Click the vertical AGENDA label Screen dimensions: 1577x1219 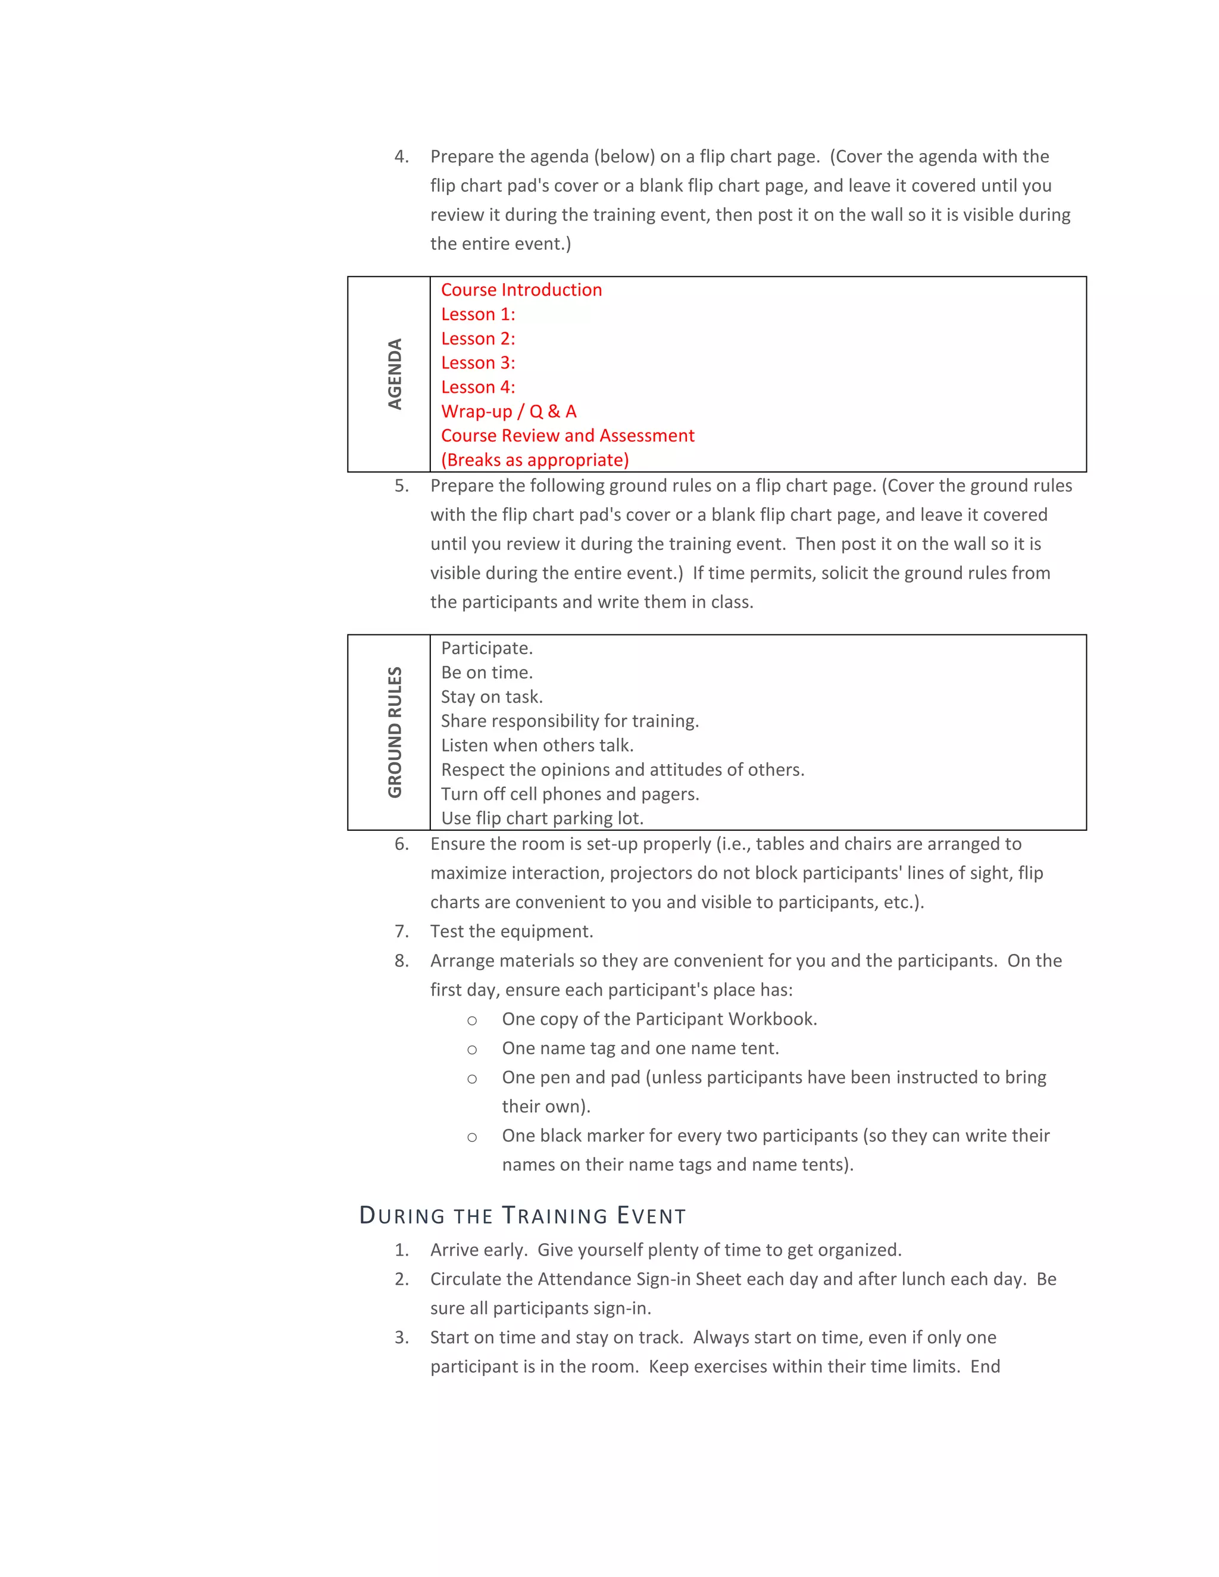[394, 374]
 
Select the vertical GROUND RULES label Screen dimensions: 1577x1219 [394, 732]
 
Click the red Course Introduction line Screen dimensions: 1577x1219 [521, 290]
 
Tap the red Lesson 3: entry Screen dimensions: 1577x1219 [478, 362]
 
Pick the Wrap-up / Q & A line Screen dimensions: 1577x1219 [508, 411]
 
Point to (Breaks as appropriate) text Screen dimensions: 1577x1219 [535, 460]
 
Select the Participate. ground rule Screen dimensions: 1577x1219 [487, 647]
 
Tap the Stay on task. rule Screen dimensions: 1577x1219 [491, 696]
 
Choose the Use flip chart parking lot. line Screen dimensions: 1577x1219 [542, 818]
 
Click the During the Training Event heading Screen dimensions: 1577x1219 [522, 1216]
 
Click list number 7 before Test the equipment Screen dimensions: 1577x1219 [402, 931]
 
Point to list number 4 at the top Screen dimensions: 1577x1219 [402, 157]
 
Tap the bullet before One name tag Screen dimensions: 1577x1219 [471, 1049]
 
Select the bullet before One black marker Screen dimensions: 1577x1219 [471, 1137]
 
